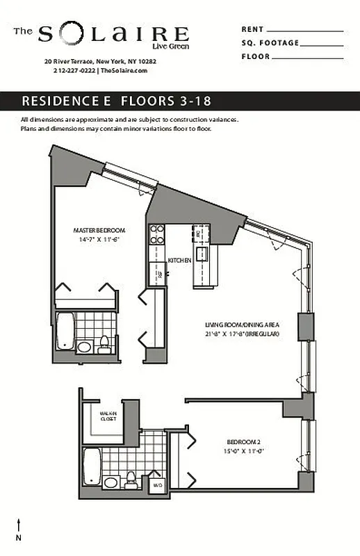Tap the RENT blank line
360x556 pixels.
304,31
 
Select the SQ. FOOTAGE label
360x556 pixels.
270,43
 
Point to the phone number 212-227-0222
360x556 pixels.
74,70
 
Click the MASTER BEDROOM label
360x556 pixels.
99,230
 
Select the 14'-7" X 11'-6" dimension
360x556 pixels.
99,240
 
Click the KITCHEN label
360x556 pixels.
179,260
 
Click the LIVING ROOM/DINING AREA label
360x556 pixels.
241,325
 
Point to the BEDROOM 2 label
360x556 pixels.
244,442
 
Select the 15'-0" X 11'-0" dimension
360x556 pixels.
244,451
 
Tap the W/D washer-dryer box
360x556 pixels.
158,484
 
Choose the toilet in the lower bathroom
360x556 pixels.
130,480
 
